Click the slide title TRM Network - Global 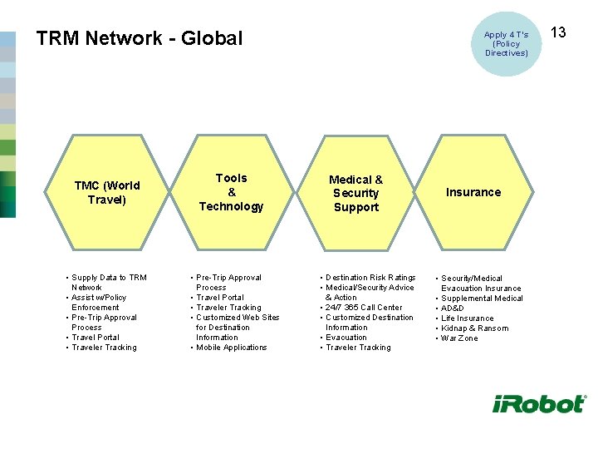[x=140, y=38]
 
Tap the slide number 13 [x=558, y=32]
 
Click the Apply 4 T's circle [x=506, y=44]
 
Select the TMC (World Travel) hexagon [x=107, y=192]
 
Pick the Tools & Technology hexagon [x=231, y=192]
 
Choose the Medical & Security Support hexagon [x=355, y=193]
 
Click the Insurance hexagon [x=473, y=192]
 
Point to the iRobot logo [x=538, y=404]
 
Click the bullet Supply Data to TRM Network [x=108, y=282]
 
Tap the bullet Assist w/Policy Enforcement [x=99, y=302]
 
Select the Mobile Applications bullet [x=231, y=348]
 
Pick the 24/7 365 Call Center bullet [x=364, y=308]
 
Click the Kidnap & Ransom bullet [x=474, y=328]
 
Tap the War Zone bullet [x=459, y=338]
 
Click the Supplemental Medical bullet [x=482, y=299]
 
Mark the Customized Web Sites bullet [x=238, y=318]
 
